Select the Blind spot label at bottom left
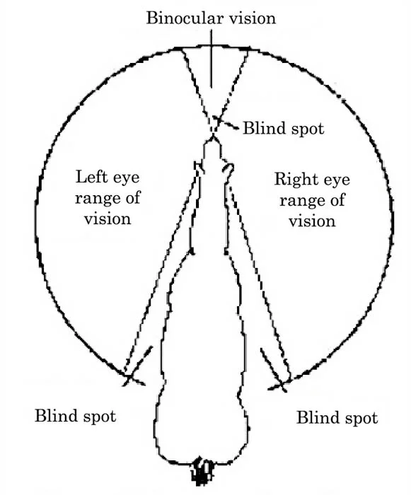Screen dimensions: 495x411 (75, 415)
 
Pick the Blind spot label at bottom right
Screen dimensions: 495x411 (337, 417)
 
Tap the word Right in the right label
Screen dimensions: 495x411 (291, 180)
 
